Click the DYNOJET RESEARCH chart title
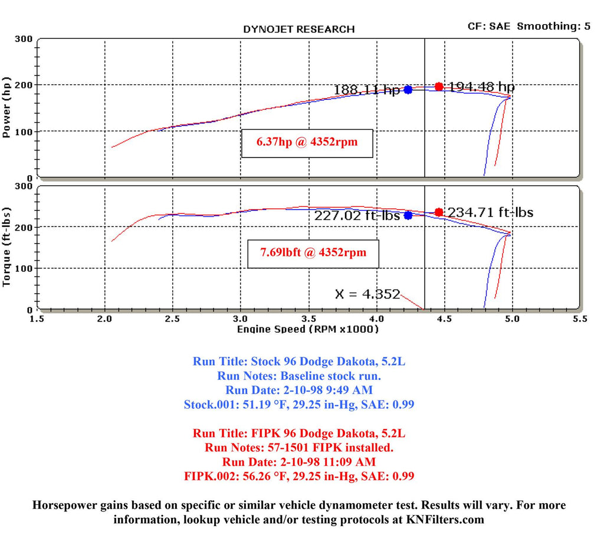(299, 29)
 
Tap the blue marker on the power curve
(408, 90)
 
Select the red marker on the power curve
(439, 87)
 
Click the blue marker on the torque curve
(408, 215)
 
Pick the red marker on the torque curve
(439, 212)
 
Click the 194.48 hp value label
(481, 87)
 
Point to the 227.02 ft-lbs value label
(357, 216)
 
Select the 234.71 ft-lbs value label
(490, 212)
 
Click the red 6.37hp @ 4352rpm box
(307, 142)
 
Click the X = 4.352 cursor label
(367, 294)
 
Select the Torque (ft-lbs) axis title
(7, 247)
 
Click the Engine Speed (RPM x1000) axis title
(307, 329)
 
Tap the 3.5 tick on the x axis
(308, 319)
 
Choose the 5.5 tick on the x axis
(579, 319)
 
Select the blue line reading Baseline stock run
(300, 376)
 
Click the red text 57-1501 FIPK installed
(299, 448)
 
